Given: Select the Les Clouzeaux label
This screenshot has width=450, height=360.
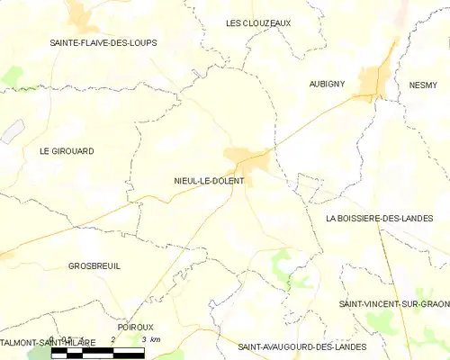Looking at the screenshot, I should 258,22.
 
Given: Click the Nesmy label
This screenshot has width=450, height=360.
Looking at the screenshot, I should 426,83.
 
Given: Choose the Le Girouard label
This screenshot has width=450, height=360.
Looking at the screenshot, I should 67,151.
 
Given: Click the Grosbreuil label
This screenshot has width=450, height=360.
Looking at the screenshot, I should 94,266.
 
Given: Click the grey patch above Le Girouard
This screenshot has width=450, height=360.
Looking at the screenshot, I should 10,132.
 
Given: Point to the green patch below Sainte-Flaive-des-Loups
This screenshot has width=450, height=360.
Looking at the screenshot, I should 13,76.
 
